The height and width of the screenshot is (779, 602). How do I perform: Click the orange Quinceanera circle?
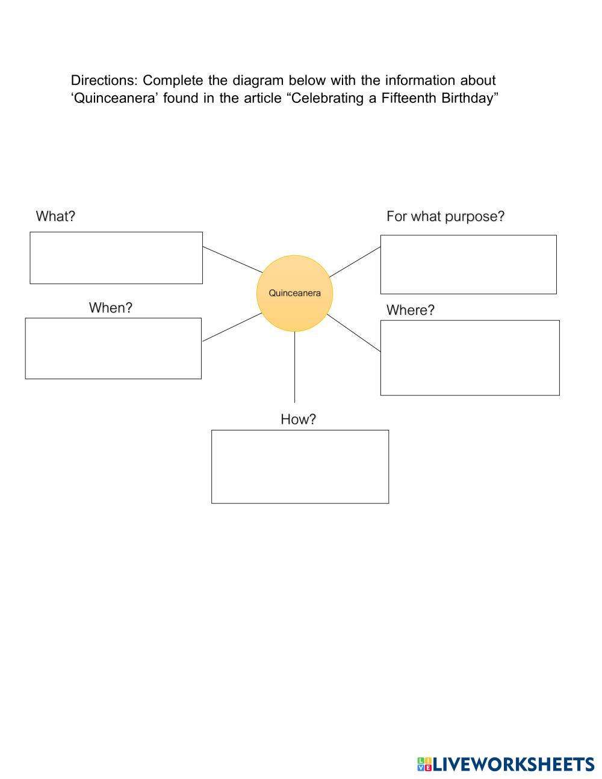(294, 293)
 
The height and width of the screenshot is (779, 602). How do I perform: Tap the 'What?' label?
(55, 216)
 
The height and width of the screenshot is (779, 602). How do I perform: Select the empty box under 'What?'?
(116, 258)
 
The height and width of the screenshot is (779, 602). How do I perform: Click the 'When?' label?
(111, 308)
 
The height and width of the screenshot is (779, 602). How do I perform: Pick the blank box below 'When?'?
(113, 349)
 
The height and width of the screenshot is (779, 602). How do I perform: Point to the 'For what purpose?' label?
(445, 216)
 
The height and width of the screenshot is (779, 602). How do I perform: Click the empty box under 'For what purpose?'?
(468, 264)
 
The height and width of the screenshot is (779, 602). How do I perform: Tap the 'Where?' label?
(411, 310)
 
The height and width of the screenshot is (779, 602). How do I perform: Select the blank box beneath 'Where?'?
(470, 358)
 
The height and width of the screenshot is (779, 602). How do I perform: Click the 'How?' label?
(298, 419)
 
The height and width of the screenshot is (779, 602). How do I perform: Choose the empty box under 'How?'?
(300, 467)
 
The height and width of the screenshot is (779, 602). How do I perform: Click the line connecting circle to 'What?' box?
(232, 259)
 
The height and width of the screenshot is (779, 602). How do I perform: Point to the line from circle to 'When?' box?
(232, 327)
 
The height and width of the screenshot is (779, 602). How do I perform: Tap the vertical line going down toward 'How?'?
(294, 367)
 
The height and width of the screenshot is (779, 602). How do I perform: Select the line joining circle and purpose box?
(355, 262)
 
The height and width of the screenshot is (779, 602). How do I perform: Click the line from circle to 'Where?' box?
(354, 333)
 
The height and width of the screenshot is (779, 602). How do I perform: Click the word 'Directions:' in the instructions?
(104, 81)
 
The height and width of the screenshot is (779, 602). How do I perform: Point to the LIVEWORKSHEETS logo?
(506, 765)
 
